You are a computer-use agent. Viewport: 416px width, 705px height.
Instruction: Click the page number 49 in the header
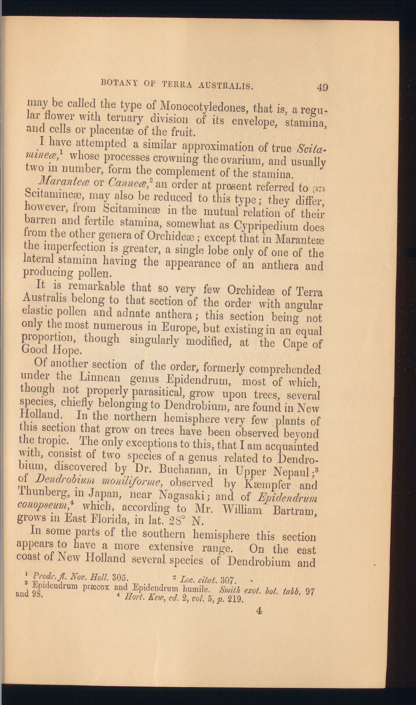click(x=322, y=87)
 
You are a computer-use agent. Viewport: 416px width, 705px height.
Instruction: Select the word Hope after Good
click(x=67, y=350)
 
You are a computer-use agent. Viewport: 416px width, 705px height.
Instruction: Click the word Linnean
click(x=100, y=377)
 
